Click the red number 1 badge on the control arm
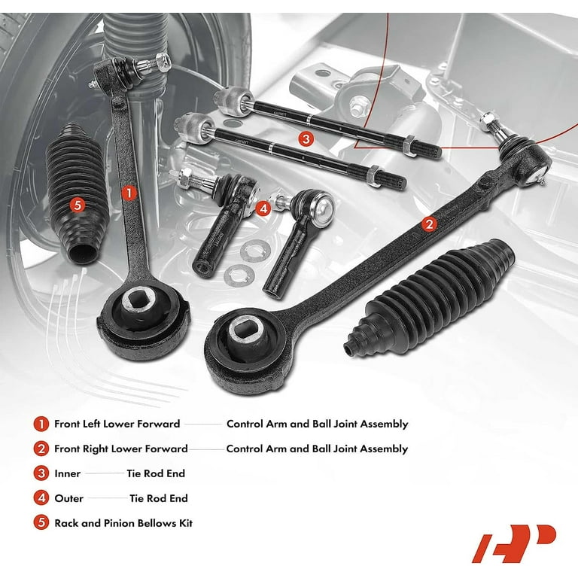129,193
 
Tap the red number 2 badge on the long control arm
429,224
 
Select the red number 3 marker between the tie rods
306,139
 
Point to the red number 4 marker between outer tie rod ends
263,209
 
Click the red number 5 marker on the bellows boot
78,205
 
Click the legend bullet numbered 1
41,424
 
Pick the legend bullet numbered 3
41,473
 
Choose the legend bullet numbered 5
41,523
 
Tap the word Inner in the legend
68,473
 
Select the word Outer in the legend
69,498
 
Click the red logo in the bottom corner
514,543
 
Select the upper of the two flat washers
255,251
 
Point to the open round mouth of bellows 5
84,254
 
